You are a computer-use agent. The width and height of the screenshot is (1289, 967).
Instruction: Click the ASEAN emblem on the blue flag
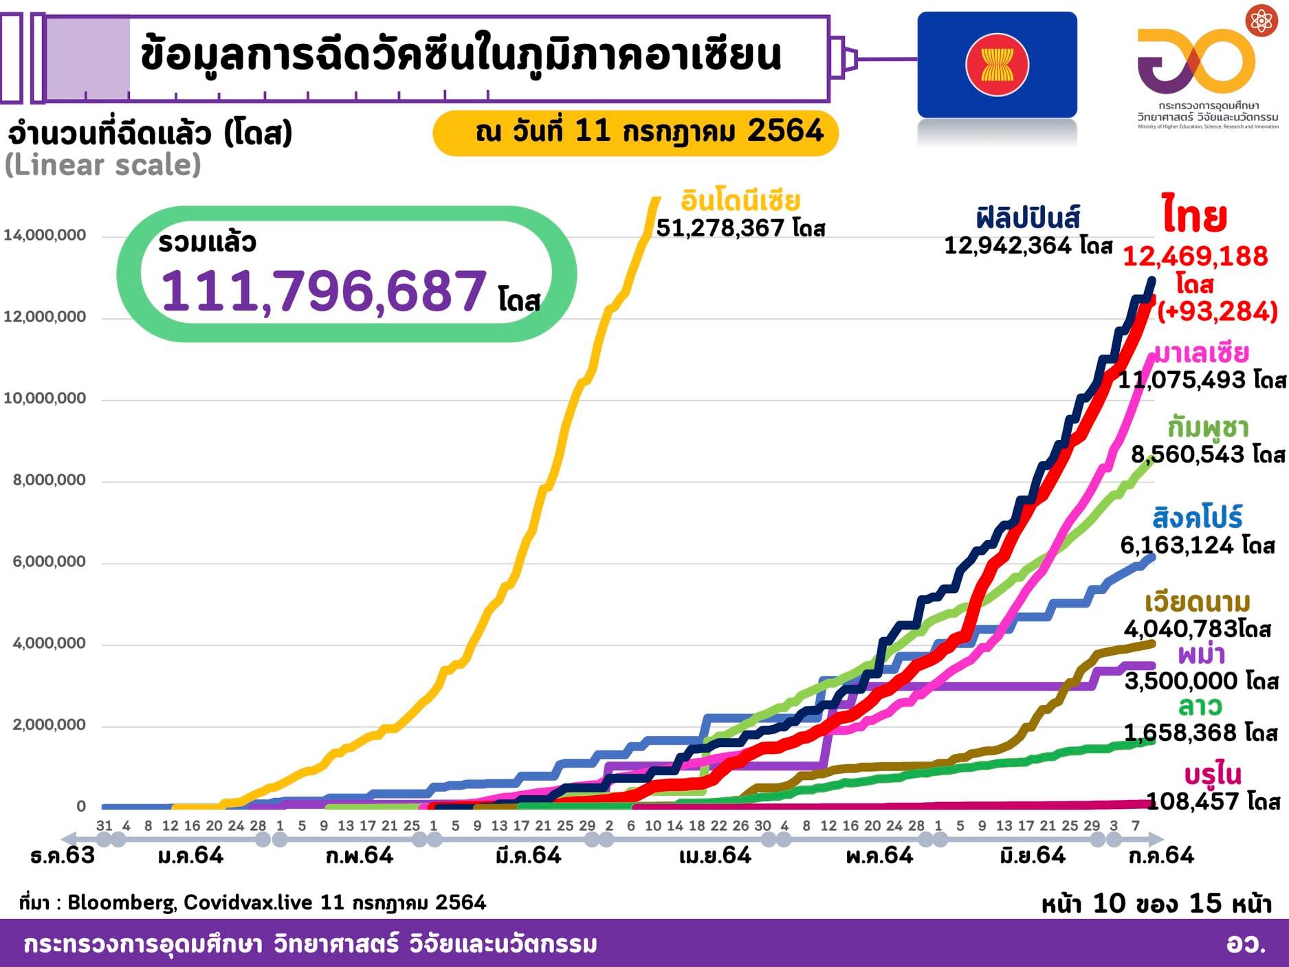click(997, 65)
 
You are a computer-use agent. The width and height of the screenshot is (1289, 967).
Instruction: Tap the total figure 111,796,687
click(323, 291)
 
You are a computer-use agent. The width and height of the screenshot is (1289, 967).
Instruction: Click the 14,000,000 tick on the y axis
click(45, 236)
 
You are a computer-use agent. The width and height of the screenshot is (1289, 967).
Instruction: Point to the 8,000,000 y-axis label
click(49, 480)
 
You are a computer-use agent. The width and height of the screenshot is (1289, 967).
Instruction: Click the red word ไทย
click(1195, 216)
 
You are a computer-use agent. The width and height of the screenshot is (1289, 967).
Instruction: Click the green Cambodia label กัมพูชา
click(1207, 427)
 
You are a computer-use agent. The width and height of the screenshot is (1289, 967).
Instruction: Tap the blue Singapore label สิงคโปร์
click(1198, 518)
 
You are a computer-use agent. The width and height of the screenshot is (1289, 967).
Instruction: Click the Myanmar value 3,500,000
click(1185, 680)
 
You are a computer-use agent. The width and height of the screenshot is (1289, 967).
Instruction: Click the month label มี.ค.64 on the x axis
click(528, 856)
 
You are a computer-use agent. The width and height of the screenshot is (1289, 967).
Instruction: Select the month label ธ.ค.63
click(63, 856)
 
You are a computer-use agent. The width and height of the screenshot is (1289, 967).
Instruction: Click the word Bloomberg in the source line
click(121, 902)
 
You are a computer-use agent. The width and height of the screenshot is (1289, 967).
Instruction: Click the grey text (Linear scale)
click(103, 165)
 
